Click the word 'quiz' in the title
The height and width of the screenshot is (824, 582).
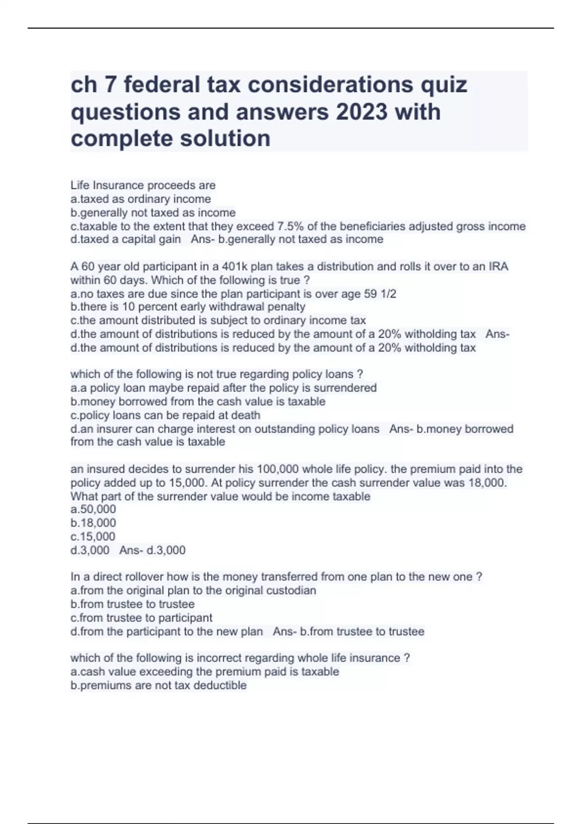coord(446,85)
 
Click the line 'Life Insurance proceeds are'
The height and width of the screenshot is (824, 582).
coord(143,185)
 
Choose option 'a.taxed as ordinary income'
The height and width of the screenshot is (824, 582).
coord(141,199)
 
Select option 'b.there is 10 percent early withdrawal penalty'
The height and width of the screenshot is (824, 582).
coord(188,307)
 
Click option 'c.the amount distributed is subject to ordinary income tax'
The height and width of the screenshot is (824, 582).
coord(218,320)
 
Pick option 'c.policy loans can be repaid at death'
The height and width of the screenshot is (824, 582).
coord(165,415)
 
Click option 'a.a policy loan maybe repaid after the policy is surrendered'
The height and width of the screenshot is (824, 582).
coord(224,388)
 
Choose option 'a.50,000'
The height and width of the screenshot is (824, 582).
coord(93,509)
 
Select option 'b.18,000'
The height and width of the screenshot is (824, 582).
coord(93,523)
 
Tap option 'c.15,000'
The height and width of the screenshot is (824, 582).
coord(93,536)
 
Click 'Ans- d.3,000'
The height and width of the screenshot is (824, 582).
coord(152,550)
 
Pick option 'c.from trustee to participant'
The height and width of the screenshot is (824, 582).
coord(142,618)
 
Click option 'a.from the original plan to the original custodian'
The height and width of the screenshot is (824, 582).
coord(193,590)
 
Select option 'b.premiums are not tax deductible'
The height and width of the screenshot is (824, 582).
coord(159,685)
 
